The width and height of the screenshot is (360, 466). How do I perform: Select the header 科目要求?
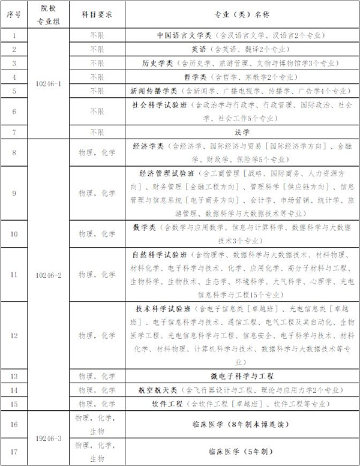point(96,12)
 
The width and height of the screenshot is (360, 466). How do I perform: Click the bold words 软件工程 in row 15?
point(169,404)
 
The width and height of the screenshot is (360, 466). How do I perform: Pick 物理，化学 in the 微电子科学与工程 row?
point(96,376)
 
